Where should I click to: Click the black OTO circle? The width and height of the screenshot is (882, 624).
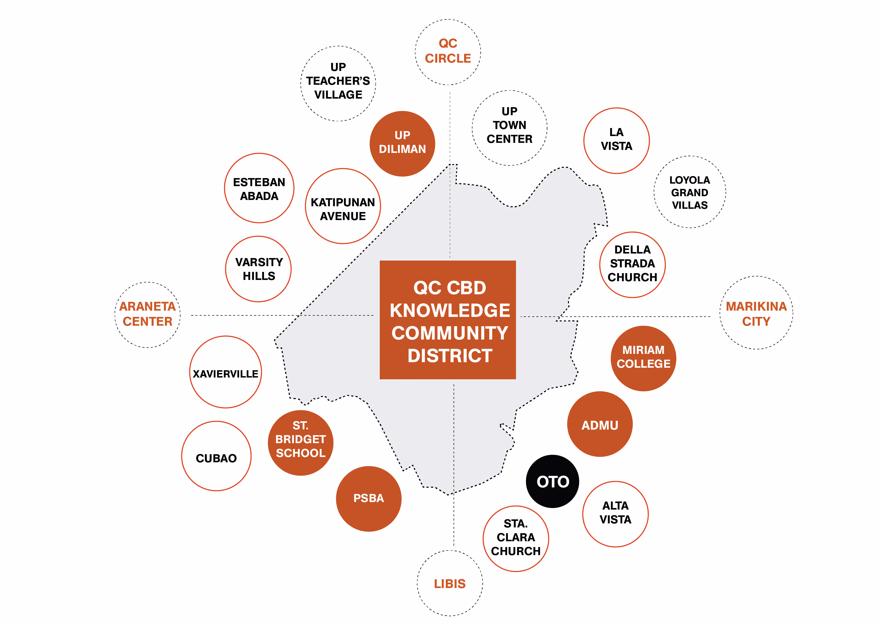tap(552, 481)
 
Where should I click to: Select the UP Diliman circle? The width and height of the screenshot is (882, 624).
tap(402, 144)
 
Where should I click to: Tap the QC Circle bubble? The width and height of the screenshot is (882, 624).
tap(448, 52)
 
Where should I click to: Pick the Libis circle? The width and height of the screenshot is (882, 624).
tap(450, 583)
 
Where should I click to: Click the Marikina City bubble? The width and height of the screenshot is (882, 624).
tap(756, 313)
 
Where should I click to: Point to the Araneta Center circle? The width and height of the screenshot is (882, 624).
tap(148, 315)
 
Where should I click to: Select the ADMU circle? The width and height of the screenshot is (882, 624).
tap(600, 424)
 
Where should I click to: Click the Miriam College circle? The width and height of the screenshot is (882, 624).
tap(643, 358)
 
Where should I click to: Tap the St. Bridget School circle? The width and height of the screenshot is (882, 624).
tap(300, 443)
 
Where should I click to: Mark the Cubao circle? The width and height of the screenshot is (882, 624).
tap(216, 456)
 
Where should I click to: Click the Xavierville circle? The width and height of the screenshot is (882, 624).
tap(226, 372)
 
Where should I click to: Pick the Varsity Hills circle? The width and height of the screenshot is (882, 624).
tap(258, 269)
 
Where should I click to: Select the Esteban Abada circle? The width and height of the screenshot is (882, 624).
tap(259, 188)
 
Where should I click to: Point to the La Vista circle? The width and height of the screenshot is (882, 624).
tap(616, 141)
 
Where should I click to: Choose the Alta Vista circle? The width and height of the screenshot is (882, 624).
tap(615, 514)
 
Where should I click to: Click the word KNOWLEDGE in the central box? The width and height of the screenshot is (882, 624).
tap(450, 310)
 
